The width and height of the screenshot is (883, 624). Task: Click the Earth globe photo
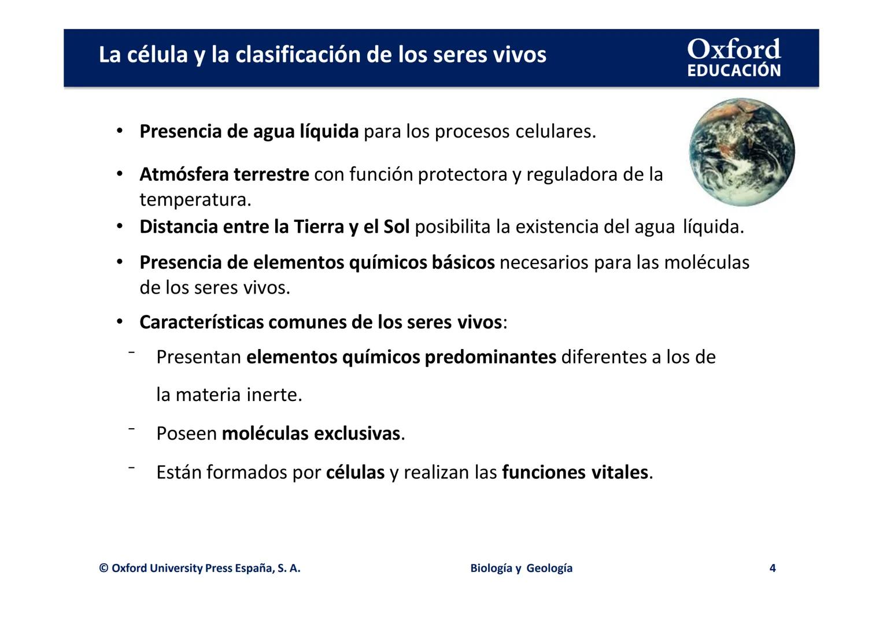pos(742,152)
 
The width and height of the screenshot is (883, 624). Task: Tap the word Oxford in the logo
pos(734,49)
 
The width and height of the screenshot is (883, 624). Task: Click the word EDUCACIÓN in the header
pos(734,70)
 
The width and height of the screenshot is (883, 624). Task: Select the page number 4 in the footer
pos(773,568)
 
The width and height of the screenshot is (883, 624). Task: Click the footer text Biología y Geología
pos(521,568)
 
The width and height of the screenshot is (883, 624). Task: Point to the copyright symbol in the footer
pos(104,568)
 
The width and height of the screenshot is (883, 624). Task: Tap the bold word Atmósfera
pos(184,174)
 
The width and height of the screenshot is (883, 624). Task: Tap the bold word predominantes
pos(490,357)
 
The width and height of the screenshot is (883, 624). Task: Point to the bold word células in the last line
pos(355,473)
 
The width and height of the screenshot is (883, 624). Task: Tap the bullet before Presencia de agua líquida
pos(120,131)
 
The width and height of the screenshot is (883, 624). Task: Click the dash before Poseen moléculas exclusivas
pos(132,429)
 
